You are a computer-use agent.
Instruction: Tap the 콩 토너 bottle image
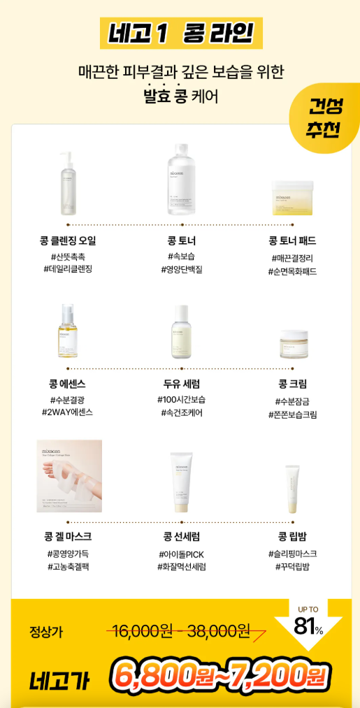tap(182, 179)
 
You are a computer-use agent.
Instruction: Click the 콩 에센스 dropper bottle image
tap(67, 331)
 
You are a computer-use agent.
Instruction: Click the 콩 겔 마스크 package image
tap(69, 476)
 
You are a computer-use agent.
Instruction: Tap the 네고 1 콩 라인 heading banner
tap(181, 33)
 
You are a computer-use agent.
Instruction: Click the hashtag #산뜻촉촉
tap(68, 257)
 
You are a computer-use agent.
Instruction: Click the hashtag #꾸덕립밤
tap(292, 567)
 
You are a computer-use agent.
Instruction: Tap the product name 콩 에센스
tap(67, 384)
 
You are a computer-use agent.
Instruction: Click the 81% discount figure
tap(308, 626)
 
